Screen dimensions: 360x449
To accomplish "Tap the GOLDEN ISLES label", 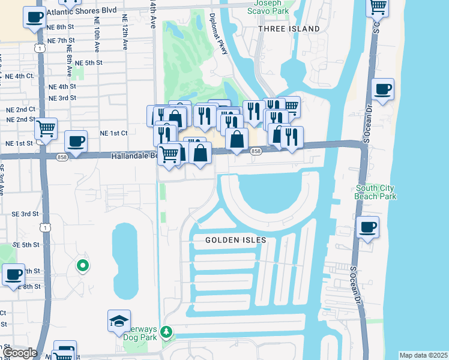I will tap(236, 240).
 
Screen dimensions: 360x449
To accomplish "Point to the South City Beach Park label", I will tap(375, 192).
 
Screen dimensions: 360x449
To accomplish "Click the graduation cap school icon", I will tap(119, 320).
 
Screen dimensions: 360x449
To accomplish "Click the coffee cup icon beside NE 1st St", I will tap(76, 142).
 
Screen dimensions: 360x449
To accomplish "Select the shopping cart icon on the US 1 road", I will tap(46, 128).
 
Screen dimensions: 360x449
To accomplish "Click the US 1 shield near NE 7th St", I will tap(40, 47).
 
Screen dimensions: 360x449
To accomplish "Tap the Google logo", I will tap(19, 353).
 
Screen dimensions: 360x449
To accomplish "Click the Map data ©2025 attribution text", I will tap(423, 355).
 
